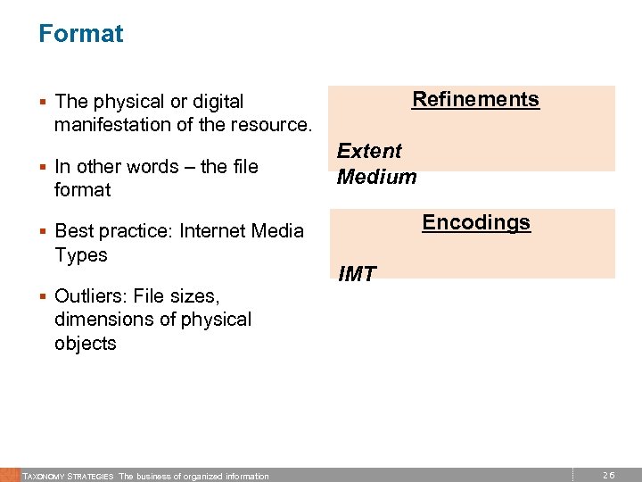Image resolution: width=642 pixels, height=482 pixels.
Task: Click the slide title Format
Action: [x=81, y=34]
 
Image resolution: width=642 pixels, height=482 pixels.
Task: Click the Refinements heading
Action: [x=475, y=99]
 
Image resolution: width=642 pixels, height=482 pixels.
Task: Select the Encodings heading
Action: [x=476, y=222]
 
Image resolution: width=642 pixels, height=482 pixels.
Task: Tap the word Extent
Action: [x=369, y=151]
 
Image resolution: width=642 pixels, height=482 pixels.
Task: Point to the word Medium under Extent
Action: [x=376, y=177]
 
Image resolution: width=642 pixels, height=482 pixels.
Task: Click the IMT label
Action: [x=357, y=275]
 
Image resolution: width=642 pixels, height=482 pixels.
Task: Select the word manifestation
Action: [x=110, y=125]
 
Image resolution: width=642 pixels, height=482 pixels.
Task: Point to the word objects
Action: [x=85, y=344]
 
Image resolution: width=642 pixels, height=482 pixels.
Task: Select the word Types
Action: [x=80, y=255]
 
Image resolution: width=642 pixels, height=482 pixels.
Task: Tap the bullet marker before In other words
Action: [x=43, y=167]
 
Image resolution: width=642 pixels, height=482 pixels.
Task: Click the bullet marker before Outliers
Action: [x=43, y=296]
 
